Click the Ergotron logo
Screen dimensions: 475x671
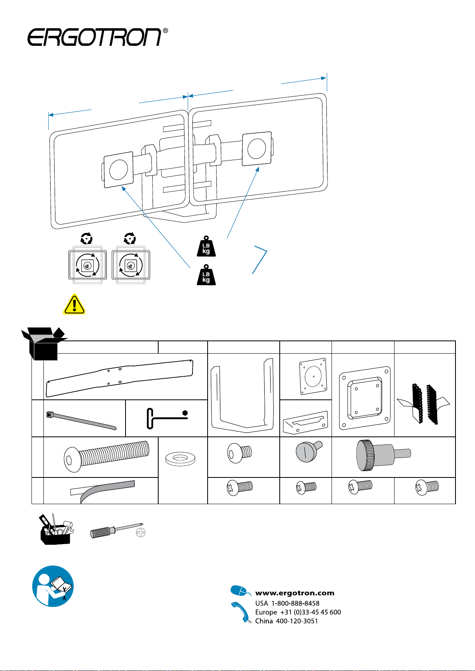[98, 37]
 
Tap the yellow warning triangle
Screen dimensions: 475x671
[74, 304]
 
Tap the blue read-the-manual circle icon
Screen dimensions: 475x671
[53, 586]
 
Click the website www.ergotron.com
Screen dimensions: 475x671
[294, 593]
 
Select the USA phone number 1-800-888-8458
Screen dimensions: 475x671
[296, 603]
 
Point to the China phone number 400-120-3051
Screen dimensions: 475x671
[297, 621]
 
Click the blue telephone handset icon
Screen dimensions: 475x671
[241, 612]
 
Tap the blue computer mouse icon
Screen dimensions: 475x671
[240, 591]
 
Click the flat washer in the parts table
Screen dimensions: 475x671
[180, 459]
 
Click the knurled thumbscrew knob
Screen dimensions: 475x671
[383, 455]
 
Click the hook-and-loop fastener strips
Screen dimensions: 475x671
[423, 404]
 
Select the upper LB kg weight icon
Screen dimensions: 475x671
[206, 246]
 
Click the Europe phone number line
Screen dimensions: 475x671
[298, 612]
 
